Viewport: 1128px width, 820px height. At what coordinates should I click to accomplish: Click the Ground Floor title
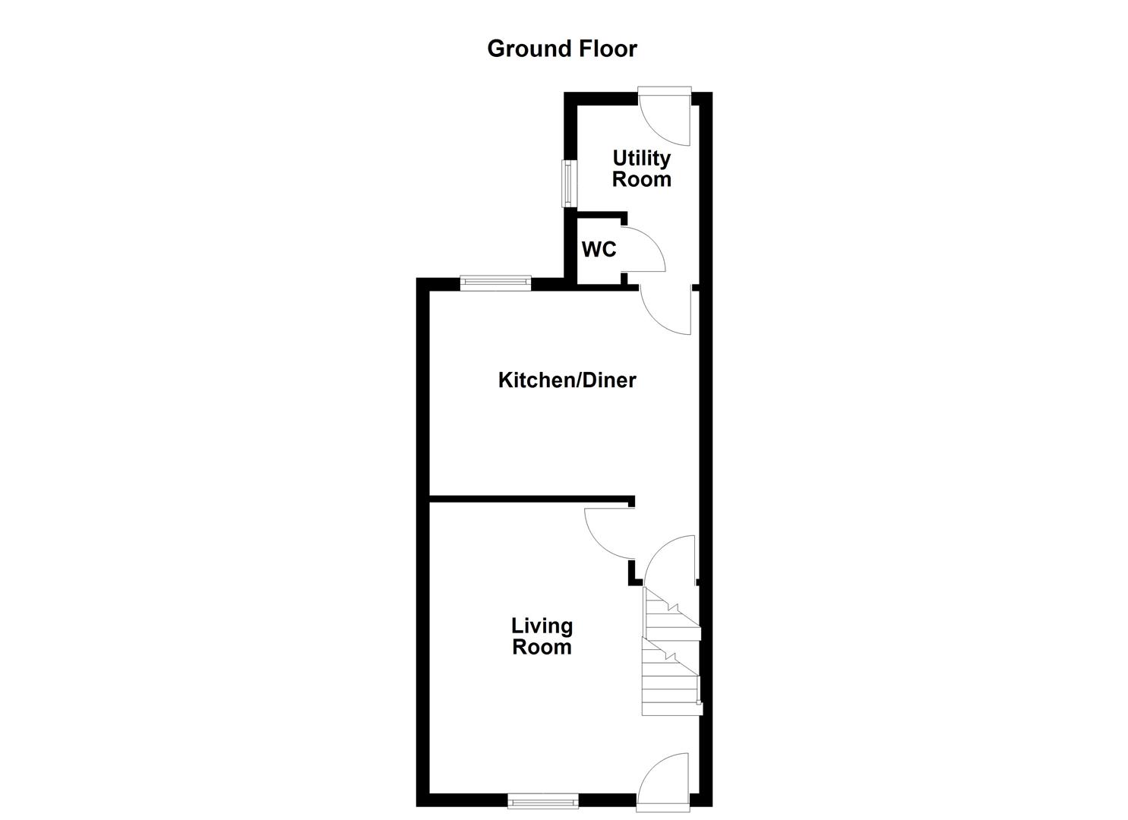561,49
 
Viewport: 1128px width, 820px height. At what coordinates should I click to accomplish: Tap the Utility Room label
642,169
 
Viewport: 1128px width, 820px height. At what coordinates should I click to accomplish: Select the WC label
599,250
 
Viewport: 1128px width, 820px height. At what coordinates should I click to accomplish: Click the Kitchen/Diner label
567,380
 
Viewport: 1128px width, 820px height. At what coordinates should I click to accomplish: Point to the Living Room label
542,636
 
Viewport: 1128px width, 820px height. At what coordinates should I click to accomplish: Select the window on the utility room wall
567,183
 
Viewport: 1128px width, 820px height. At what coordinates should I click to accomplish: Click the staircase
670,653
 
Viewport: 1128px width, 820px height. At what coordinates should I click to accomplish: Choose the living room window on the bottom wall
543,799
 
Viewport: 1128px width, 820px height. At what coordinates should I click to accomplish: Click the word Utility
642,158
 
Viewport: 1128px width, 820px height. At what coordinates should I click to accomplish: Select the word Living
542,626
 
